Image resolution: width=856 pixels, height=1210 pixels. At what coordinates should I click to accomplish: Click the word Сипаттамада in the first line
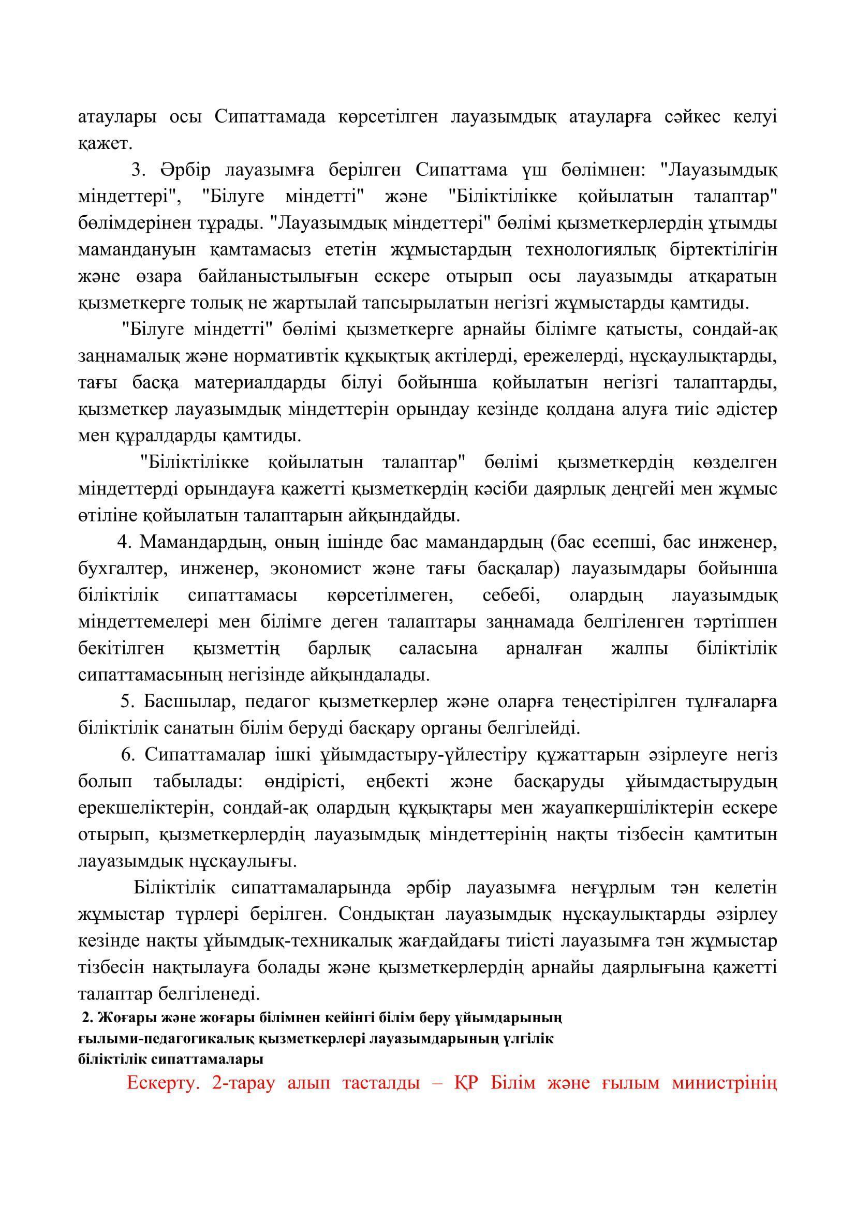pyautogui.click(x=269, y=116)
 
